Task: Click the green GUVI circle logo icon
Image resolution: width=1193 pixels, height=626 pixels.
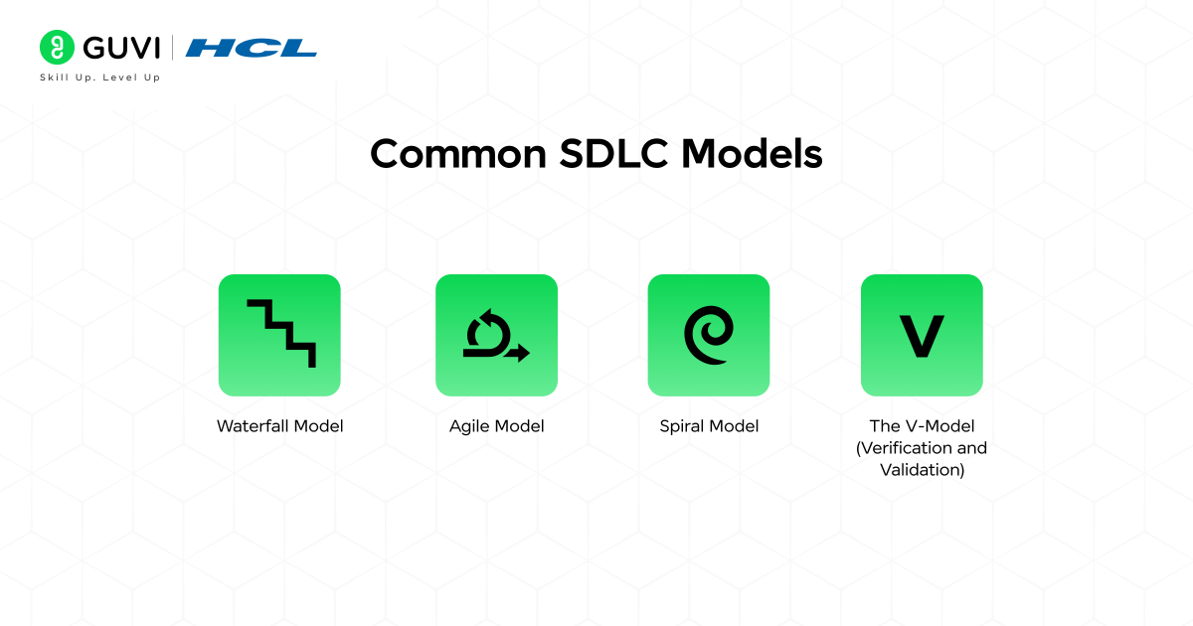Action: pos(58,47)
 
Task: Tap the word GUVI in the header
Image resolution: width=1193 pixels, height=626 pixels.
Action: pos(121,47)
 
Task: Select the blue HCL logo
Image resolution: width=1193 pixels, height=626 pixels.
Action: pos(252,47)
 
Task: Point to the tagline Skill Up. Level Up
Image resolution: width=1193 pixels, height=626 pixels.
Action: pos(99,77)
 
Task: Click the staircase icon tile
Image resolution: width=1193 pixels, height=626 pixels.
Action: pos(279,335)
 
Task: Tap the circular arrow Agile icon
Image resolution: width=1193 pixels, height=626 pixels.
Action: pos(496,335)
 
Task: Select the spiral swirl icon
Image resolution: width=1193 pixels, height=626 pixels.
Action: pos(709,335)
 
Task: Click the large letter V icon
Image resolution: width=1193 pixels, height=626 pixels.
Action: pos(922,335)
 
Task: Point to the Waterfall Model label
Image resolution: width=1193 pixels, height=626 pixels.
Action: pos(280,426)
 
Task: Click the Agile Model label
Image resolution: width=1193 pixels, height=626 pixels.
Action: pos(497,426)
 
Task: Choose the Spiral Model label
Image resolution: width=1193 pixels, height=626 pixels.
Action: pos(709,426)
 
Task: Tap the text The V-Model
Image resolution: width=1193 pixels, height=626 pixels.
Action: pos(922,426)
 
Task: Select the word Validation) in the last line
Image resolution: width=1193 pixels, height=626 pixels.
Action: pos(922,470)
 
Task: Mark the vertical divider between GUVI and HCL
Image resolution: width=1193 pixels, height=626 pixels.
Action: pos(173,47)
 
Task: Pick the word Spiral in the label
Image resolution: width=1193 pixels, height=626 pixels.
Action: pos(681,426)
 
